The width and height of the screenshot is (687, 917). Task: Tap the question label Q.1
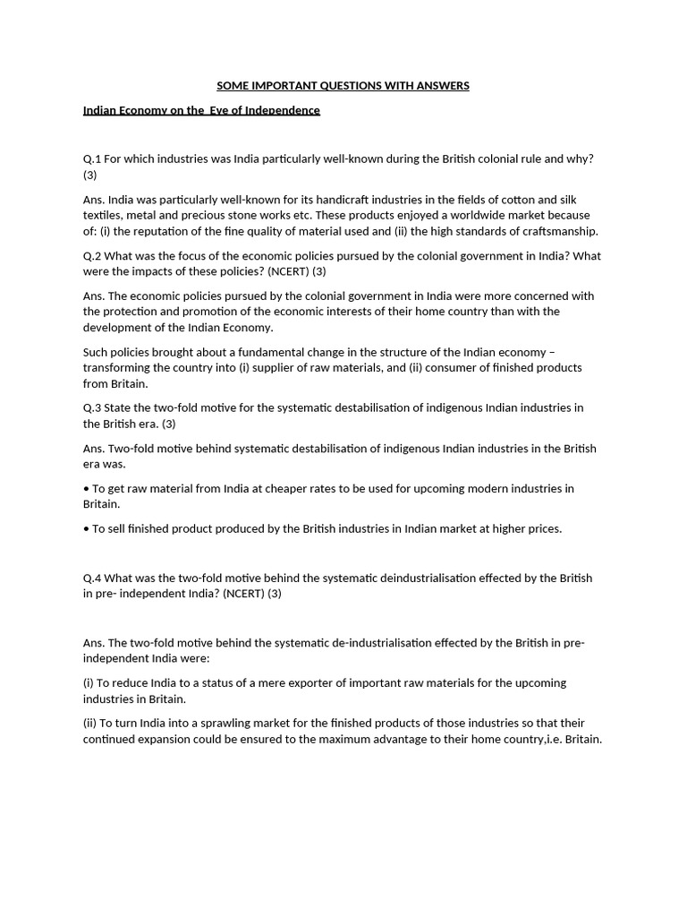pyautogui.click(x=92, y=159)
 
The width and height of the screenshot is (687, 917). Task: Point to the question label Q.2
pyautogui.click(x=92, y=256)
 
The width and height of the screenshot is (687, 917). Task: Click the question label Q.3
pyautogui.click(x=92, y=408)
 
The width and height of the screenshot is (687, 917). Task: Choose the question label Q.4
pyautogui.click(x=92, y=578)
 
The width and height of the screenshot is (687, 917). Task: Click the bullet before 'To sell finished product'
pyautogui.click(x=86, y=529)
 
